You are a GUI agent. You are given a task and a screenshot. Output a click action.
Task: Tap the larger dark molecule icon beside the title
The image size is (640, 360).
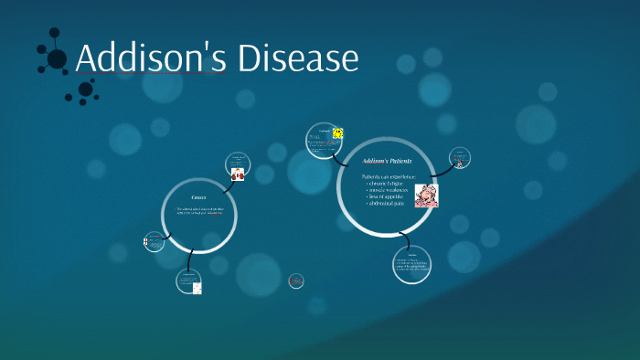pyautogui.click(x=56, y=58)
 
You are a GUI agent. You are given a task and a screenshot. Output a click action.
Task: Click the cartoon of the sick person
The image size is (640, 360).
pyautogui.click(x=426, y=196)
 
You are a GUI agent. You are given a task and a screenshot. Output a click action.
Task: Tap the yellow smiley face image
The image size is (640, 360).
pyautogui.click(x=337, y=133)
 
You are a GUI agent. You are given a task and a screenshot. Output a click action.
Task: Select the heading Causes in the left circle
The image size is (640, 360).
pyautogui.click(x=198, y=197)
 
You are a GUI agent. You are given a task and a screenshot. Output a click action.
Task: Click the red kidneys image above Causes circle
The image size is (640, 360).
pyautogui.click(x=238, y=174)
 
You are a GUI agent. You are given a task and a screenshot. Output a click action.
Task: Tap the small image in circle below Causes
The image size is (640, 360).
pyautogui.click(x=197, y=288)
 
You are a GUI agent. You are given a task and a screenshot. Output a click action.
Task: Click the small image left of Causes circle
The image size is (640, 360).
pyautogui.click(x=145, y=242)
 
